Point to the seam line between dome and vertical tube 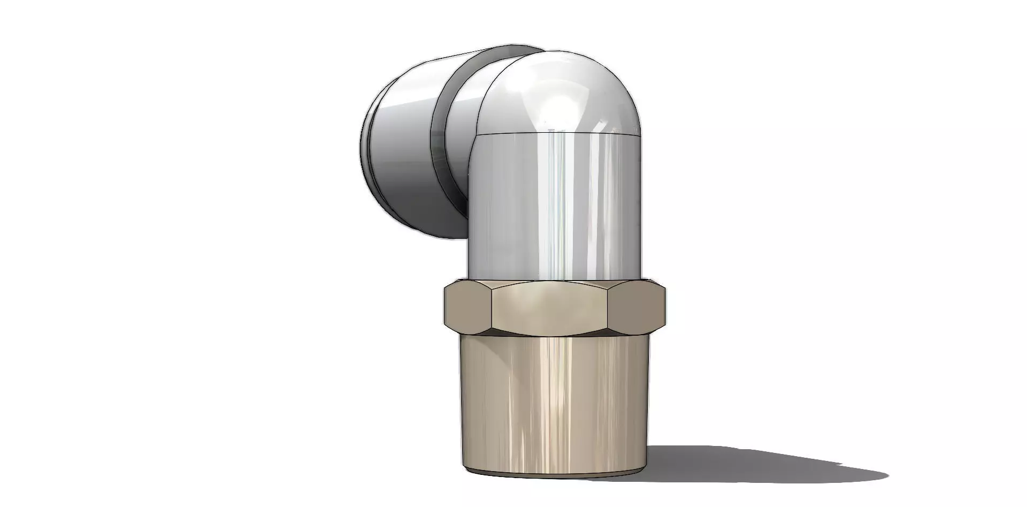point(556,132)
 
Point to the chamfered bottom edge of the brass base point(556,474)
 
